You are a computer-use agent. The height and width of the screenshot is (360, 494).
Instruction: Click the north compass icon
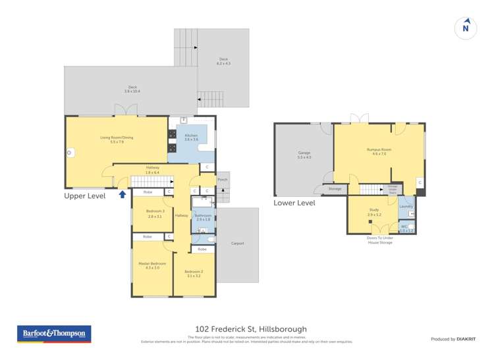point(466,27)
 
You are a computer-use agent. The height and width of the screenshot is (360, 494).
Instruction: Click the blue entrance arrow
point(122,193)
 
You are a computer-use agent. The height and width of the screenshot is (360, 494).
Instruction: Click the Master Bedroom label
point(148,265)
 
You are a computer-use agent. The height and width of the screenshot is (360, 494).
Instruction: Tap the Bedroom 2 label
point(193,274)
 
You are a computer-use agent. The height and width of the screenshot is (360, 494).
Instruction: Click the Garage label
point(304,155)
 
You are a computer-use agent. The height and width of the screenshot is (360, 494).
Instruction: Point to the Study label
point(373,212)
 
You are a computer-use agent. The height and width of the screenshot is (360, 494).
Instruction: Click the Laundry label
point(406,207)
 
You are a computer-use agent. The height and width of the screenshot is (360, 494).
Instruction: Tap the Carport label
point(238,244)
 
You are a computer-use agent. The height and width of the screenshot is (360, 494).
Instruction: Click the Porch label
point(223,179)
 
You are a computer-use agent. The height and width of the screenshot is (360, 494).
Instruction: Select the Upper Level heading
point(85,196)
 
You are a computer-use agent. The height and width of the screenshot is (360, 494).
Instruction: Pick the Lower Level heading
point(294,203)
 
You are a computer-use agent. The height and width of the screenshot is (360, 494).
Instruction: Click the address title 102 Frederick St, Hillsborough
point(251,329)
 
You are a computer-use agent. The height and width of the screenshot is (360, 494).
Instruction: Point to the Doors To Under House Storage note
point(380,240)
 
